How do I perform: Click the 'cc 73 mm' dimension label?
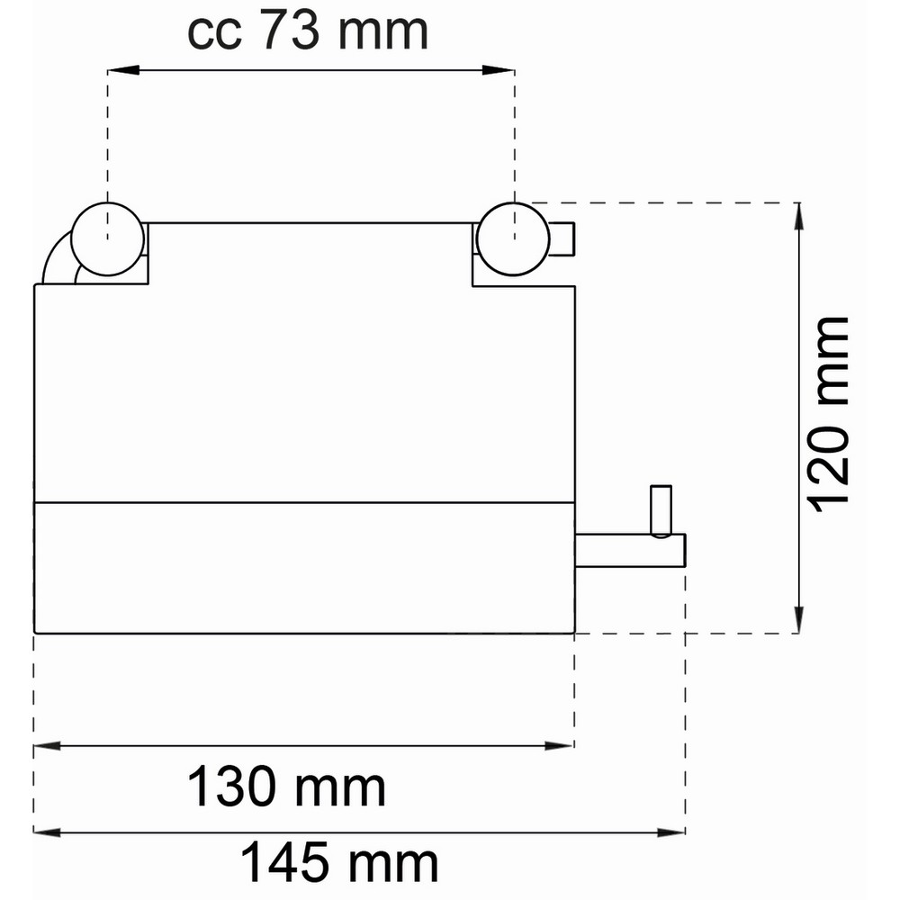[x=307, y=32]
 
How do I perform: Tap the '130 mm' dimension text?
[x=286, y=788]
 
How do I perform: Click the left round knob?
[x=108, y=238]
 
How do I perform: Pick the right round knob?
[x=514, y=238]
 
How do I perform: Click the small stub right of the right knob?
[x=562, y=238]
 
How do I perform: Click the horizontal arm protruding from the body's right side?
[x=630, y=551]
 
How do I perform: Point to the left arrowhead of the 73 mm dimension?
[x=116, y=69]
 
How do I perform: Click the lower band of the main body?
[x=304, y=567]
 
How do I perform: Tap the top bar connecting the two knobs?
[x=310, y=223]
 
